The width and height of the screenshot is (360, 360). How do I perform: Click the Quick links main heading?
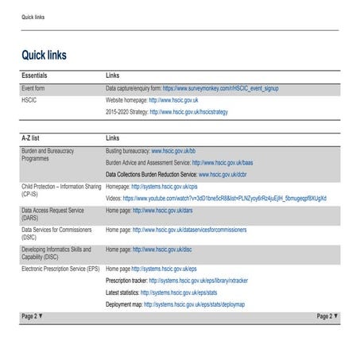pyautogui.click(x=44, y=56)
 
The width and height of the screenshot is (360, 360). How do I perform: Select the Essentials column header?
pyautogui.click(x=37, y=75)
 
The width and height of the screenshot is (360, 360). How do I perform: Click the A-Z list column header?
pyautogui.click(x=33, y=138)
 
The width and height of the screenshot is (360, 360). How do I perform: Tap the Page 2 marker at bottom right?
pyautogui.click(x=327, y=316)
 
